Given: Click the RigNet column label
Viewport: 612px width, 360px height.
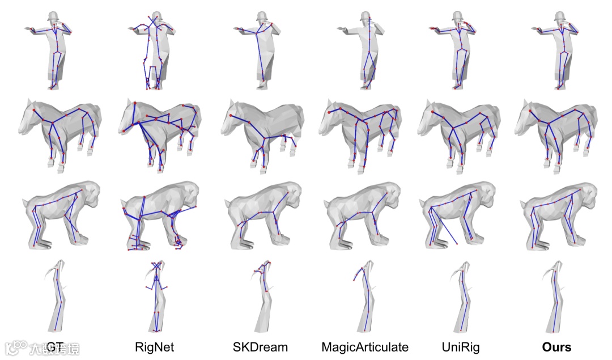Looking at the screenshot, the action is point(154,347).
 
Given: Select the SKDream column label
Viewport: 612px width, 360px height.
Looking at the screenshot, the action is point(260,347).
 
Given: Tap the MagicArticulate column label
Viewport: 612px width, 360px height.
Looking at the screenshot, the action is point(364,347).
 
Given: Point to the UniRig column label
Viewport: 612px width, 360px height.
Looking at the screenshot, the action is point(463,347).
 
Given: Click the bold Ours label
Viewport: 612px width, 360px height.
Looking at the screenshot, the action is point(556,347).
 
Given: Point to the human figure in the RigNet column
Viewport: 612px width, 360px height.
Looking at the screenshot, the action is point(156,51).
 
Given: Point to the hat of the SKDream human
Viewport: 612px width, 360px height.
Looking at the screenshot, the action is point(262,15).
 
